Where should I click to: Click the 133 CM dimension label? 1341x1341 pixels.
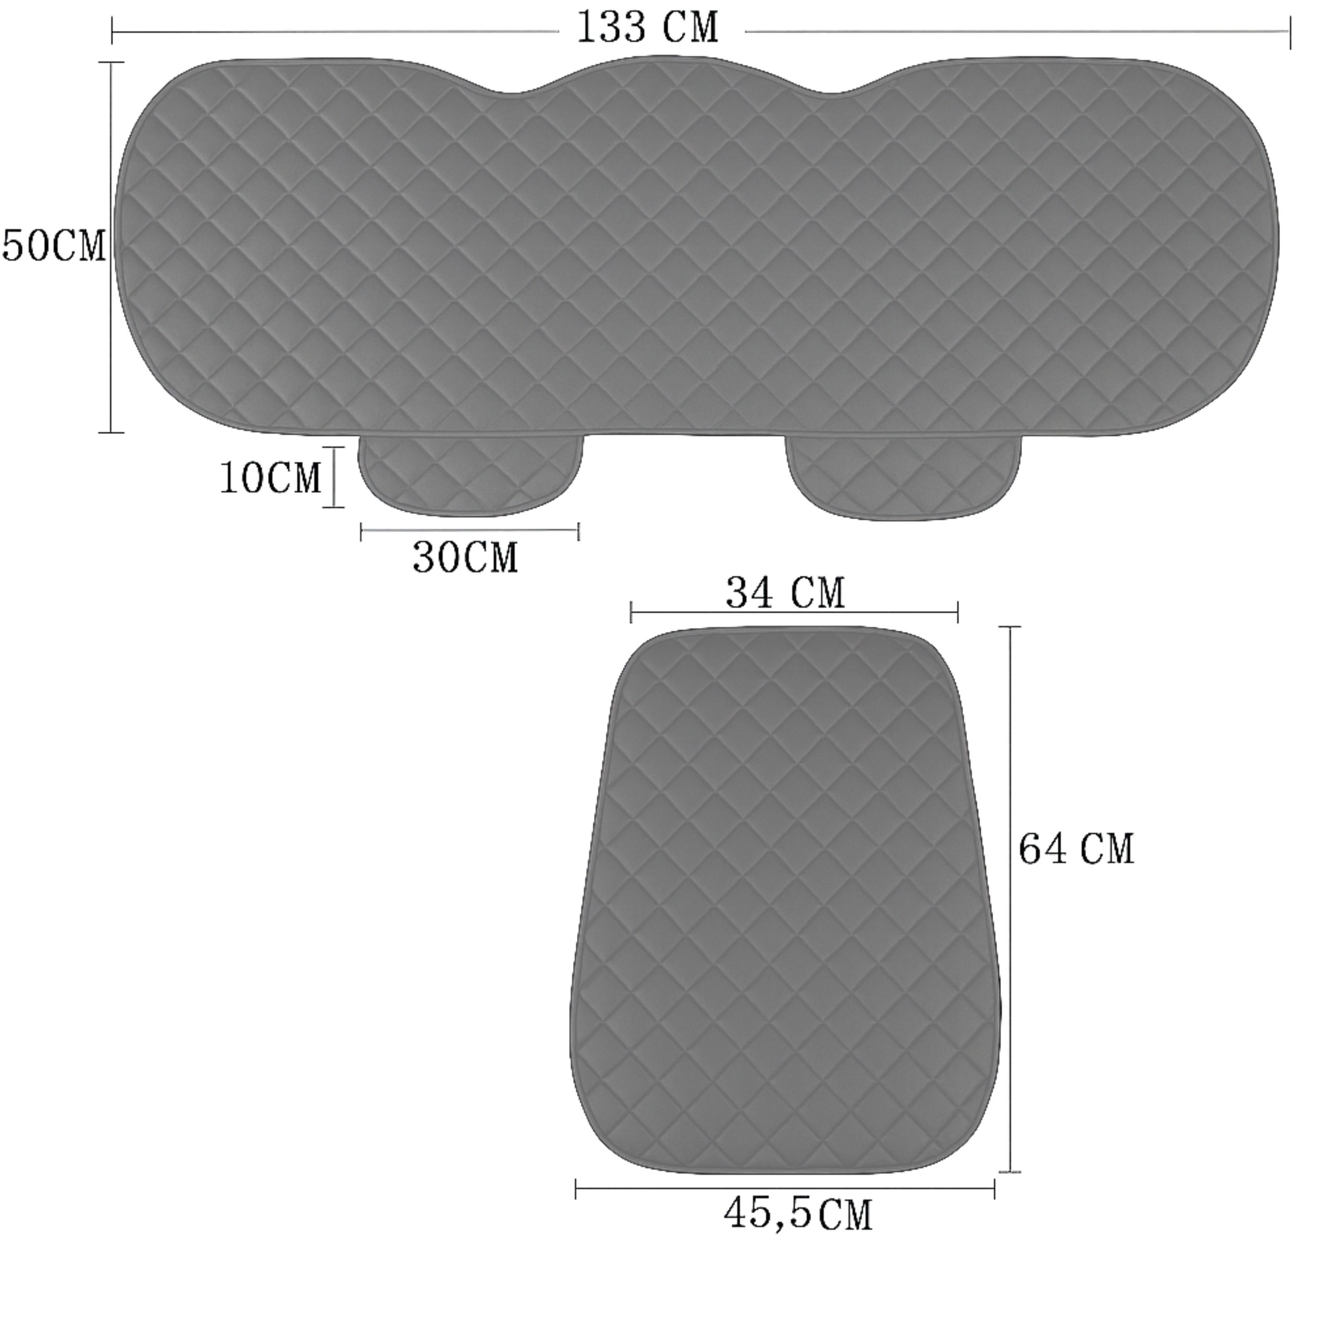[647, 28]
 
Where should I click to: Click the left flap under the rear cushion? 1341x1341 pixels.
[470, 476]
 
